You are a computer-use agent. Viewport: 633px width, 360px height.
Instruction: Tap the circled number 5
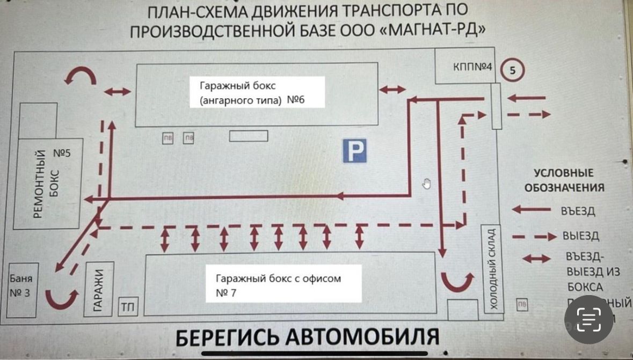pos(512,70)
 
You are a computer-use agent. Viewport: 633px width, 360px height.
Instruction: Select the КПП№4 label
pos(473,67)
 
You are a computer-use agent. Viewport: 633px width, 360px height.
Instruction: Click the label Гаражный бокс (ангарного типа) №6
pos(252,92)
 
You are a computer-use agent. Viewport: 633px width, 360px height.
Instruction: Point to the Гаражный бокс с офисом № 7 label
pos(278,285)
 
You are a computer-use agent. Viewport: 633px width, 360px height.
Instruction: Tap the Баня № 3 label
pos(21,286)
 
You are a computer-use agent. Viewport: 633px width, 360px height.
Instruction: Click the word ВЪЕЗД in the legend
pos(578,211)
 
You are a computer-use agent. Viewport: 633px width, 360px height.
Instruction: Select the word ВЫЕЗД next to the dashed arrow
pos(580,236)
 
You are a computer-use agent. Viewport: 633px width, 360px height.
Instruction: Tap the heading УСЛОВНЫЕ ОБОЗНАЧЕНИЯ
pos(564,180)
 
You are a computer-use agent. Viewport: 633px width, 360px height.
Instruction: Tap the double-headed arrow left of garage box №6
pos(117,92)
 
